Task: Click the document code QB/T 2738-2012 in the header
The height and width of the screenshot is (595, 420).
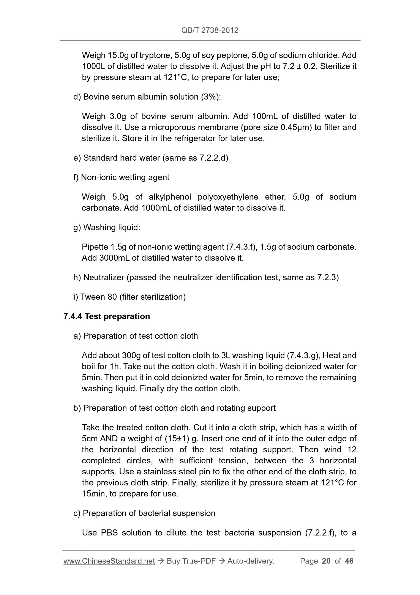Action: click(x=210, y=30)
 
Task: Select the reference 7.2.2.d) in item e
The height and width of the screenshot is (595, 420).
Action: click(x=214, y=158)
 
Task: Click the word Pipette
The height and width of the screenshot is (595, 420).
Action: click(x=95, y=247)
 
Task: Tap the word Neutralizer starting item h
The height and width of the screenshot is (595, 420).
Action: click(x=104, y=278)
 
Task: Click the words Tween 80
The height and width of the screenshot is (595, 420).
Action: click(x=99, y=297)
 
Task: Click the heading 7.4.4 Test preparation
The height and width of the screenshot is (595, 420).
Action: click(x=107, y=316)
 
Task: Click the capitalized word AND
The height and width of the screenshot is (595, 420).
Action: click(x=109, y=439)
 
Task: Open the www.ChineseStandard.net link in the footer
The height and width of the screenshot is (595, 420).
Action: click(x=109, y=561)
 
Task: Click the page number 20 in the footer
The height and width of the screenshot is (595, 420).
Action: click(x=326, y=561)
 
